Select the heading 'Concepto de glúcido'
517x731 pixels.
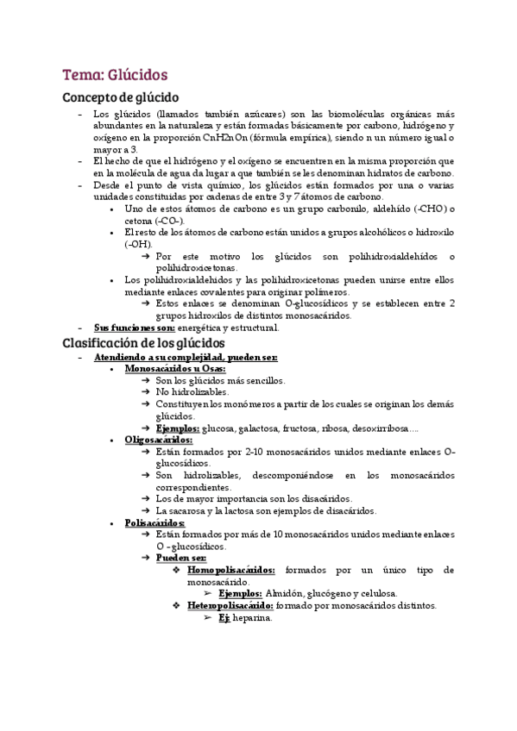tap(121, 97)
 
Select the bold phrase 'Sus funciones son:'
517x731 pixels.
tap(135, 328)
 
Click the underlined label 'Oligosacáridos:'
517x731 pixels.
tap(159, 440)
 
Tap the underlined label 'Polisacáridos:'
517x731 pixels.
tap(154, 522)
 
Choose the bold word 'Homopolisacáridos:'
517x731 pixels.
tap(232, 570)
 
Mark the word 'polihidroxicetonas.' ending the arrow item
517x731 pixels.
tap(198, 268)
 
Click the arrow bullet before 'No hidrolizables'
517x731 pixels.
tap(145, 392)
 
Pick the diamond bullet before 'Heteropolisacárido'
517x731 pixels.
tap(177, 605)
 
